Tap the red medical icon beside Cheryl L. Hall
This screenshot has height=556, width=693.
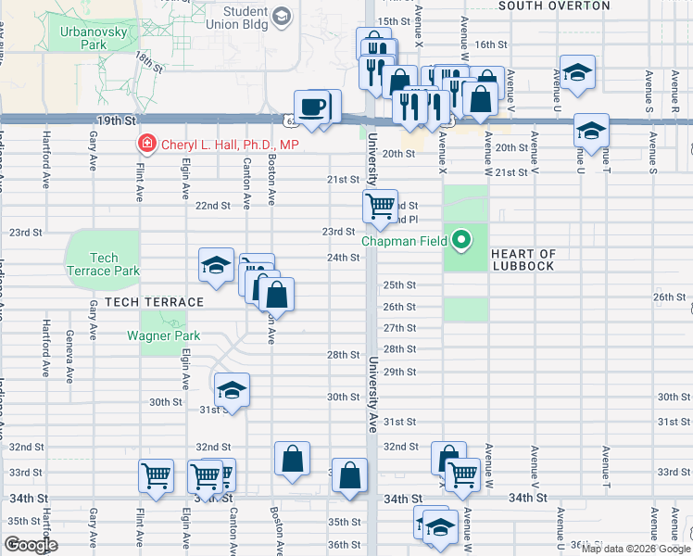pyautogui.click(x=145, y=144)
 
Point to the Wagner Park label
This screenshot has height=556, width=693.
pyautogui.click(x=157, y=335)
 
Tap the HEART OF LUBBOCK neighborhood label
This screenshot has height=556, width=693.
pyautogui.click(x=523, y=259)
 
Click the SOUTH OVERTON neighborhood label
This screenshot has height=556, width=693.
pyautogui.click(x=554, y=6)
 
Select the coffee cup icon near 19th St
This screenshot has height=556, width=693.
pyautogui.click(x=312, y=107)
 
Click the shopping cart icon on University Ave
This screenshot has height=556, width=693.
pyautogui.click(x=380, y=207)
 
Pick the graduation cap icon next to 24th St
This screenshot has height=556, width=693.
pyautogui.click(x=216, y=265)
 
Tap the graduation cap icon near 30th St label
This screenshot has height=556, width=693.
pyautogui.click(x=232, y=389)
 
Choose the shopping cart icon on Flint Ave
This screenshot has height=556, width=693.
pyautogui.click(x=156, y=476)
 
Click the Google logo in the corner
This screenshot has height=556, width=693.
pyautogui.click(x=31, y=545)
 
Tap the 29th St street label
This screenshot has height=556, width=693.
pyautogui.click(x=399, y=372)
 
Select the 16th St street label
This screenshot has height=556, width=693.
pyautogui.click(x=492, y=44)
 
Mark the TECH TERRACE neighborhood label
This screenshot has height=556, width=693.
pyautogui.click(x=154, y=303)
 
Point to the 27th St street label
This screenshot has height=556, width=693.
pyautogui.click(x=399, y=328)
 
